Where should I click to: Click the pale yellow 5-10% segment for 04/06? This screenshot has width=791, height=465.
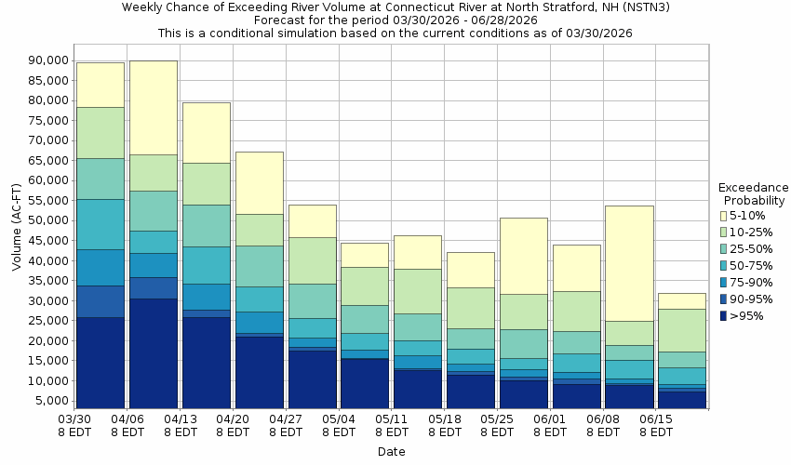[153, 107]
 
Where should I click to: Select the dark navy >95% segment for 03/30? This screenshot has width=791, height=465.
[100, 363]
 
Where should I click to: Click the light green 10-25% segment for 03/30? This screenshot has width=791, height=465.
[100, 132]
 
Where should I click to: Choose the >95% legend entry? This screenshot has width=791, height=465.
[745, 315]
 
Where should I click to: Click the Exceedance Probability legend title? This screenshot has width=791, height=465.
[753, 193]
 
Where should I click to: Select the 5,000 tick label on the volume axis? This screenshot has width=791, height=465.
[52, 402]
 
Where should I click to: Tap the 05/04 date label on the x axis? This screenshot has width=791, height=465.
[339, 426]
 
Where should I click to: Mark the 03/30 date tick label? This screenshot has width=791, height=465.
[74, 426]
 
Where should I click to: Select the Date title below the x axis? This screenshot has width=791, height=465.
[391, 452]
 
